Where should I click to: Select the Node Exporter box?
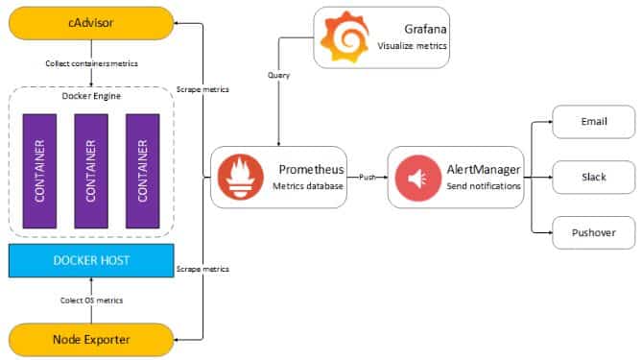(x=91, y=338)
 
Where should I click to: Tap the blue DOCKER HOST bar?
(x=91, y=259)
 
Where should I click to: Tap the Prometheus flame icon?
(x=236, y=177)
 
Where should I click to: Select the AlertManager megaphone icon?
(x=415, y=177)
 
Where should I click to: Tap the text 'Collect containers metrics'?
(x=91, y=63)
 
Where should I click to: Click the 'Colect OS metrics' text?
(x=91, y=300)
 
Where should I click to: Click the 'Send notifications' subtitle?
(x=484, y=185)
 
